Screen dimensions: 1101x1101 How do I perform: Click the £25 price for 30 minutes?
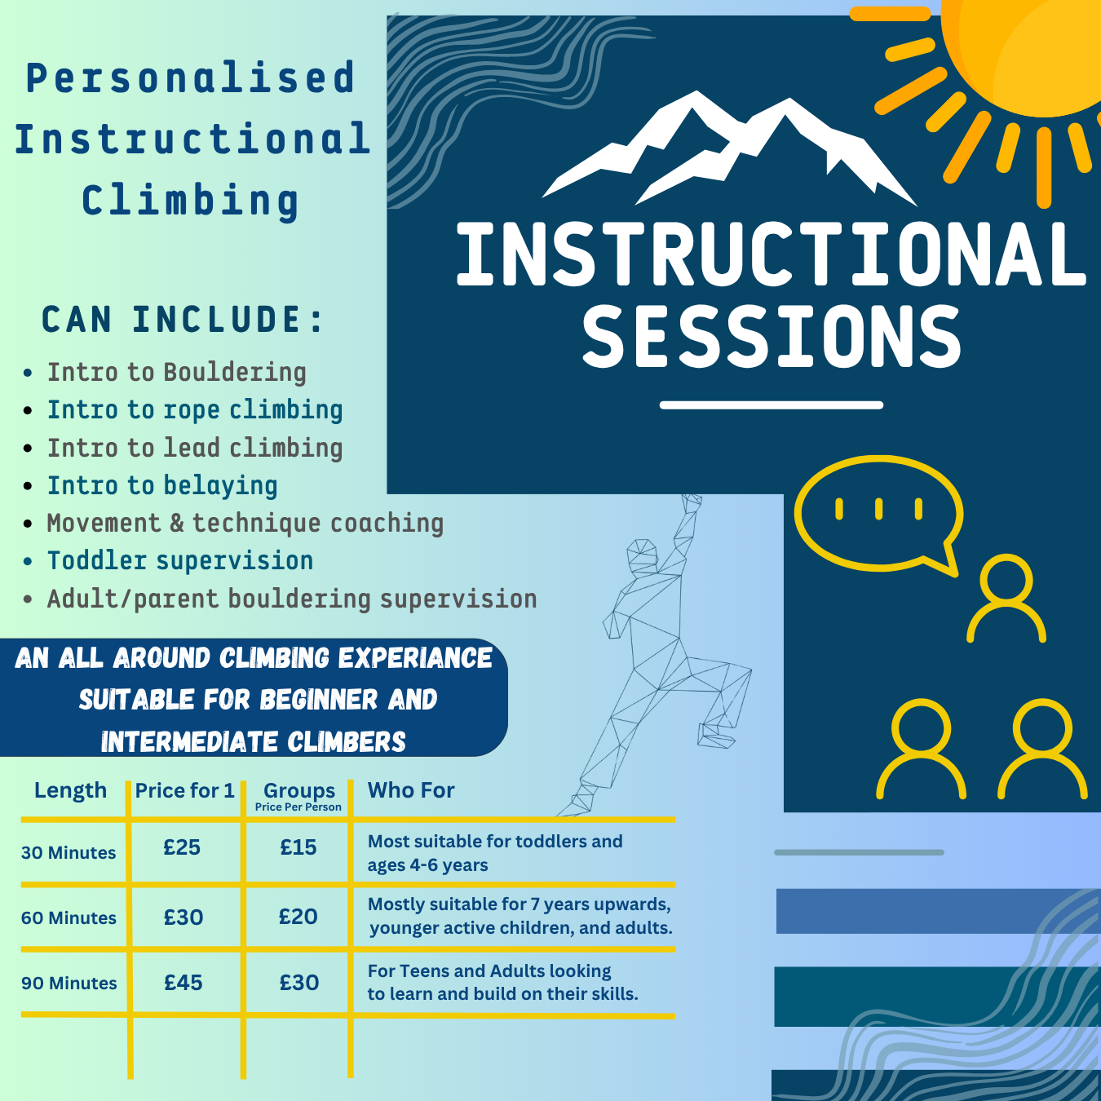tap(182, 847)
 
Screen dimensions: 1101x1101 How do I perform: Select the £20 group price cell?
tap(298, 917)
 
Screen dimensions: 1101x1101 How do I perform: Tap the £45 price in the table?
tap(183, 982)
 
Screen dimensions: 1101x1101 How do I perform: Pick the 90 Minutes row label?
tap(69, 983)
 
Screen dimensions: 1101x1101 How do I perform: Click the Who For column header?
tap(411, 790)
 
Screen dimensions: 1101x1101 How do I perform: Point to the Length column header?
tap(70, 791)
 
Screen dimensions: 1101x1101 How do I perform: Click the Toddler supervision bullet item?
tap(180, 560)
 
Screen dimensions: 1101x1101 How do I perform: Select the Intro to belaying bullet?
tap(162, 485)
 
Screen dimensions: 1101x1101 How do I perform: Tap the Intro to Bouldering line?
tap(176, 373)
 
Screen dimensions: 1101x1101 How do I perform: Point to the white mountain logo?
tap(730, 148)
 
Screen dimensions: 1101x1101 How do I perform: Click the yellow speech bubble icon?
tap(878, 515)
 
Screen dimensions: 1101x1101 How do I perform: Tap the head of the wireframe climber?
tap(643, 554)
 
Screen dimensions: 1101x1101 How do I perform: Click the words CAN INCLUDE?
tap(183, 319)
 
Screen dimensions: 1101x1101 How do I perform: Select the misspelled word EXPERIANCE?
tap(415, 657)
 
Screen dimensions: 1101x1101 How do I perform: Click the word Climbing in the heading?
tap(190, 201)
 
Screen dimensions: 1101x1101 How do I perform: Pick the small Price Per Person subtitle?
tap(298, 807)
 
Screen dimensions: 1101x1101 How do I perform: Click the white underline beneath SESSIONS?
tap(772, 405)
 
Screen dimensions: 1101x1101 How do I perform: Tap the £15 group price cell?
tap(298, 847)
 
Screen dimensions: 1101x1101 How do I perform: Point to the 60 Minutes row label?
tap(69, 917)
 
